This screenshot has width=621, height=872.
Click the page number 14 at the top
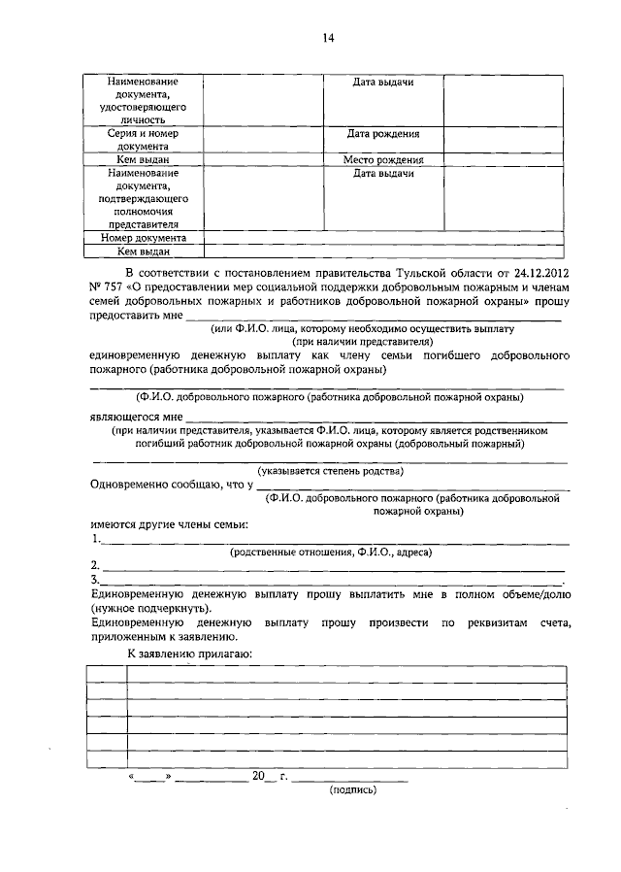[327, 38]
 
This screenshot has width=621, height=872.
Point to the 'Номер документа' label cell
[143, 237]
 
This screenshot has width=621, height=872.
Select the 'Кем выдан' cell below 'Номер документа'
[143, 251]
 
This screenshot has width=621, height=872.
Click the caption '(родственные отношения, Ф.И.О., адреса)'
[330, 552]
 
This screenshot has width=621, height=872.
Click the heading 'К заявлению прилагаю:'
[190, 653]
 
